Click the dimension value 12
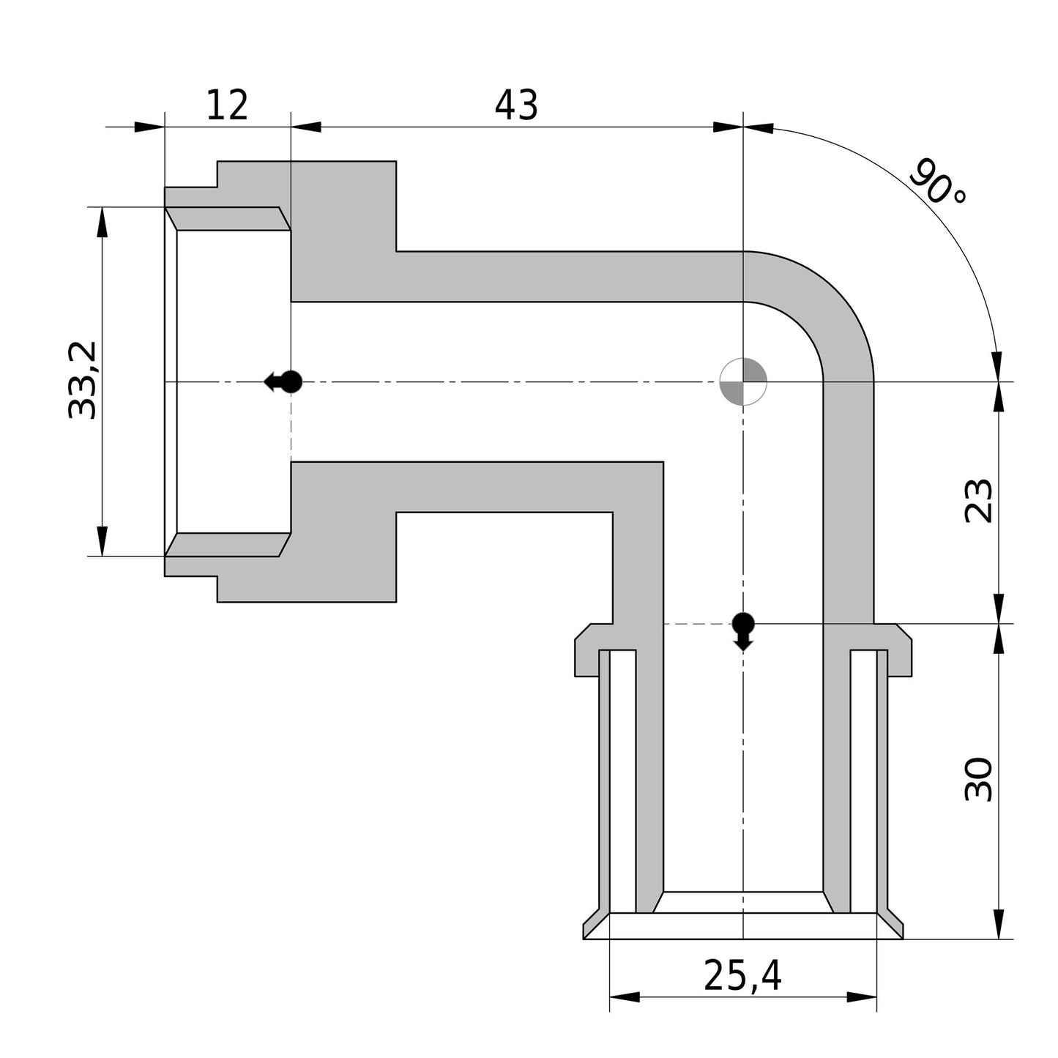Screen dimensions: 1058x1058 227,105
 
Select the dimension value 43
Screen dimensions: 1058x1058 516,105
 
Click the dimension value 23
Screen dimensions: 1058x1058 979,501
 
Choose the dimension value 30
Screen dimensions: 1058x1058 979,780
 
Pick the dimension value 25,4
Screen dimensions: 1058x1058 742,975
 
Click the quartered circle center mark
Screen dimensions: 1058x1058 743,381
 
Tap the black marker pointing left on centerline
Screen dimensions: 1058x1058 285,381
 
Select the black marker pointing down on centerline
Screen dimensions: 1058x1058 743,629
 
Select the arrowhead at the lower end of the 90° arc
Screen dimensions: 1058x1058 996,366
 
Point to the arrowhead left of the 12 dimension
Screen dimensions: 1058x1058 149,127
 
